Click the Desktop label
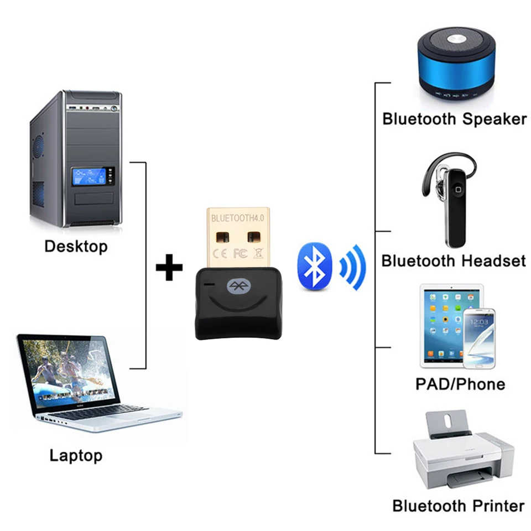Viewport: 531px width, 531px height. point(76,246)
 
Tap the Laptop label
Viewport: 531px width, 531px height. point(76,456)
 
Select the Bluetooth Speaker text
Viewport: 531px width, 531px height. point(454,119)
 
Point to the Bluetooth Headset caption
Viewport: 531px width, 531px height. point(454,261)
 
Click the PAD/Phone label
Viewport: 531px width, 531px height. point(460,384)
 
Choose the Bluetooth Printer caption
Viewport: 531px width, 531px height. point(458,506)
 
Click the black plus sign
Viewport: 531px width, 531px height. point(169,268)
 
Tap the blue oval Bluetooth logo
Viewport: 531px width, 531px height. point(315,266)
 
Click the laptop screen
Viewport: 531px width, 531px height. point(67,371)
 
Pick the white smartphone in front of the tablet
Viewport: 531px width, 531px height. point(478,338)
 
